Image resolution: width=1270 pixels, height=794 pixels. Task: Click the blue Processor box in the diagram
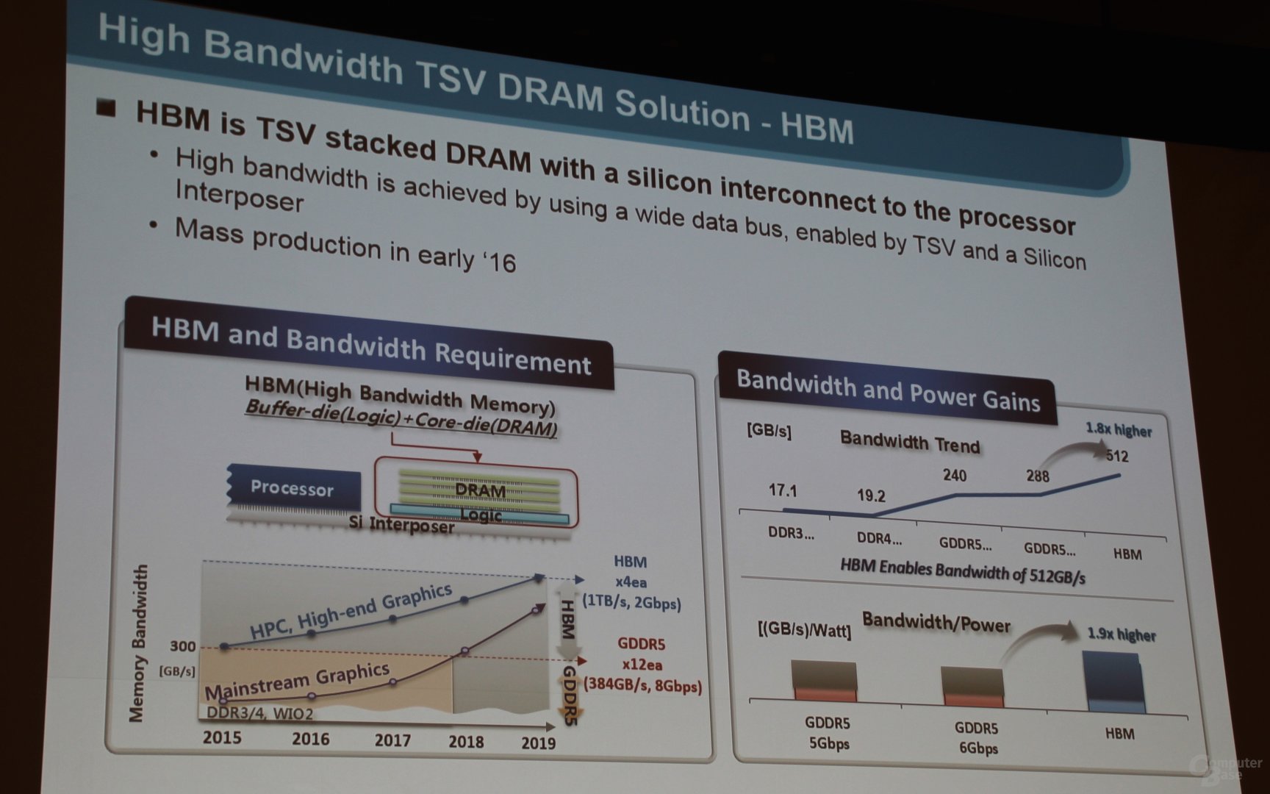293,488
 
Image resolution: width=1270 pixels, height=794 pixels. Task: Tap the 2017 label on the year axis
392,739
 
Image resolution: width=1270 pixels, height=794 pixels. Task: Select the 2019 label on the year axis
538,743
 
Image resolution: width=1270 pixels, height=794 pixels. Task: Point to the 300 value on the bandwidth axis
182,646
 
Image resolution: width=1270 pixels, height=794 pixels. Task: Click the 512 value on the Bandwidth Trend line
1116,456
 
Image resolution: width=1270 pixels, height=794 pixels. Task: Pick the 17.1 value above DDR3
782,490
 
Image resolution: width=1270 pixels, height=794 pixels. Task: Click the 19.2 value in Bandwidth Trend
871,496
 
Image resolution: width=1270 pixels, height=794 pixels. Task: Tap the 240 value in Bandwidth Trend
954,476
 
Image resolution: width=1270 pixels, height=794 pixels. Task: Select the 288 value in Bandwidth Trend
1037,476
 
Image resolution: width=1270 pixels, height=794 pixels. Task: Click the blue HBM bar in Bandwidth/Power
1114,684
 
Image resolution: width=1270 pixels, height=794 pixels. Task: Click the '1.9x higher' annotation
1121,634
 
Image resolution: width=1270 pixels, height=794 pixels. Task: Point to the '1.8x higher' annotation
1119,430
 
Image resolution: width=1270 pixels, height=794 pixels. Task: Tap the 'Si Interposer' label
401,524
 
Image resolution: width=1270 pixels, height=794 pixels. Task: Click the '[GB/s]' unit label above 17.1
769,431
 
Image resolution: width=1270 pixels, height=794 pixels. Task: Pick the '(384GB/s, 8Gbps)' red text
642,685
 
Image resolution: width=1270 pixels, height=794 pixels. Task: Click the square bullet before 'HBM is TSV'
107,109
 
